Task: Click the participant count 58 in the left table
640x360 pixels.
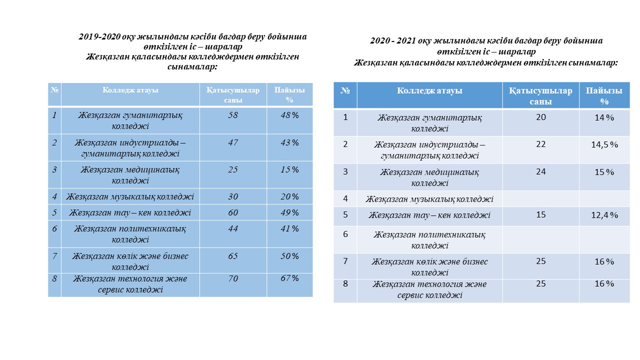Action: click(x=233, y=115)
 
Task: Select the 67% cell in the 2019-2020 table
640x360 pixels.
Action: click(x=289, y=278)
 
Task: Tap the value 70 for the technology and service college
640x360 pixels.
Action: click(x=233, y=278)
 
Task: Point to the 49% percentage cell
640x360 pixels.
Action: click(x=289, y=212)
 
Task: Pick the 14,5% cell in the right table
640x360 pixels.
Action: click(x=604, y=144)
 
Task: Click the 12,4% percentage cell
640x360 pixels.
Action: click(x=604, y=215)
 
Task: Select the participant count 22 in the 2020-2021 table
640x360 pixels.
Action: click(x=540, y=144)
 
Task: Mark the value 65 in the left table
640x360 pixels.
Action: click(x=233, y=256)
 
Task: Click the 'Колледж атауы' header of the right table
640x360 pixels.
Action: click(x=429, y=91)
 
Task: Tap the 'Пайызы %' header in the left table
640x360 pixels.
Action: click(x=289, y=94)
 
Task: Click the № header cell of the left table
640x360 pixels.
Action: click(x=54, y=90)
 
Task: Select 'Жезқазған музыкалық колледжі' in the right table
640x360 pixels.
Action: click(x=429, y=199)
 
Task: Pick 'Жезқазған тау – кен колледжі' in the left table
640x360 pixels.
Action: click(x=130, y=212)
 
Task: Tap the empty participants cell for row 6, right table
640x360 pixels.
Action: click(x=540, y=239)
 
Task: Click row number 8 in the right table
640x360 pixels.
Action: click(x=345, y=284)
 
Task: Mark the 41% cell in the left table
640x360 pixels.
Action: click(x=289, y=228)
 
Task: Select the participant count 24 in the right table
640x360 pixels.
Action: click(x=540, y=171)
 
